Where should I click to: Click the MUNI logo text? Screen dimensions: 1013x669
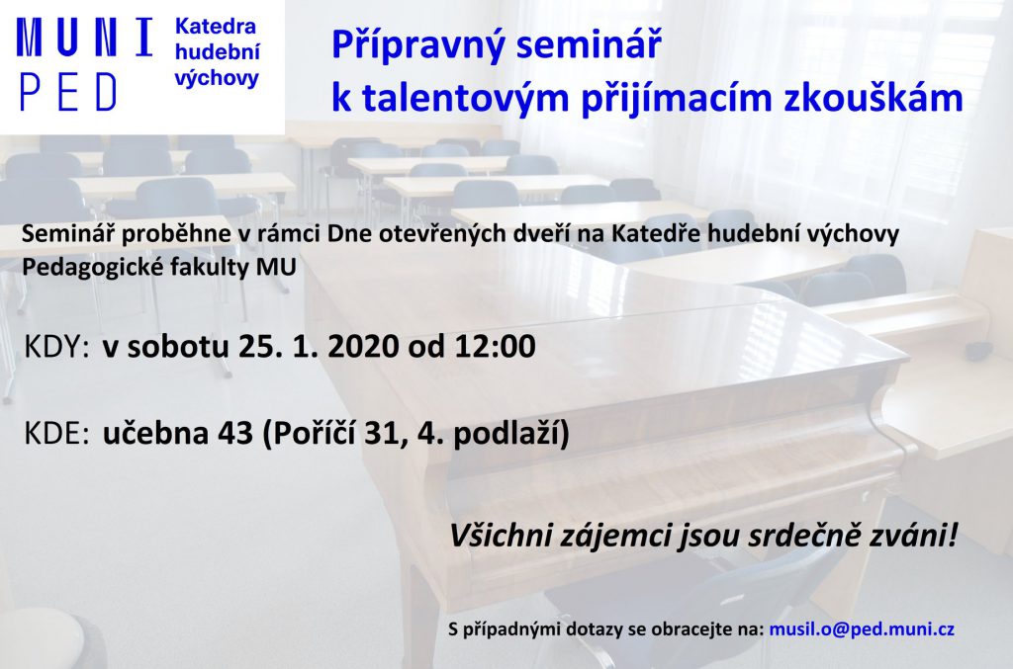click(x=85, y=37)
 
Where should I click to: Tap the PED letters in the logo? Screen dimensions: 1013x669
click(x=68, y=92)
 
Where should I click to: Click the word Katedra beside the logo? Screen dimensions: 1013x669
click(x=216, y=27)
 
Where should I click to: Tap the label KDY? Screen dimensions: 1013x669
click(x=56, y=347)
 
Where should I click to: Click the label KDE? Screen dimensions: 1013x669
click(x=56, y=434)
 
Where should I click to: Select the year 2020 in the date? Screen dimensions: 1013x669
click(x=363, y=347)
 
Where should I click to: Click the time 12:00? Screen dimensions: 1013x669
click(x=496, y=347)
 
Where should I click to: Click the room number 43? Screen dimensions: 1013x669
click(x=235, y=434)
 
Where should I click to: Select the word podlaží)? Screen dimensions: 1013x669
click(x=511, y=434)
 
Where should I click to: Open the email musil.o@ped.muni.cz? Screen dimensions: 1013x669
click(x=862, y=629)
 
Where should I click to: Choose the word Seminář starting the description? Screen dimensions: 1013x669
click(x=68, y=233)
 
